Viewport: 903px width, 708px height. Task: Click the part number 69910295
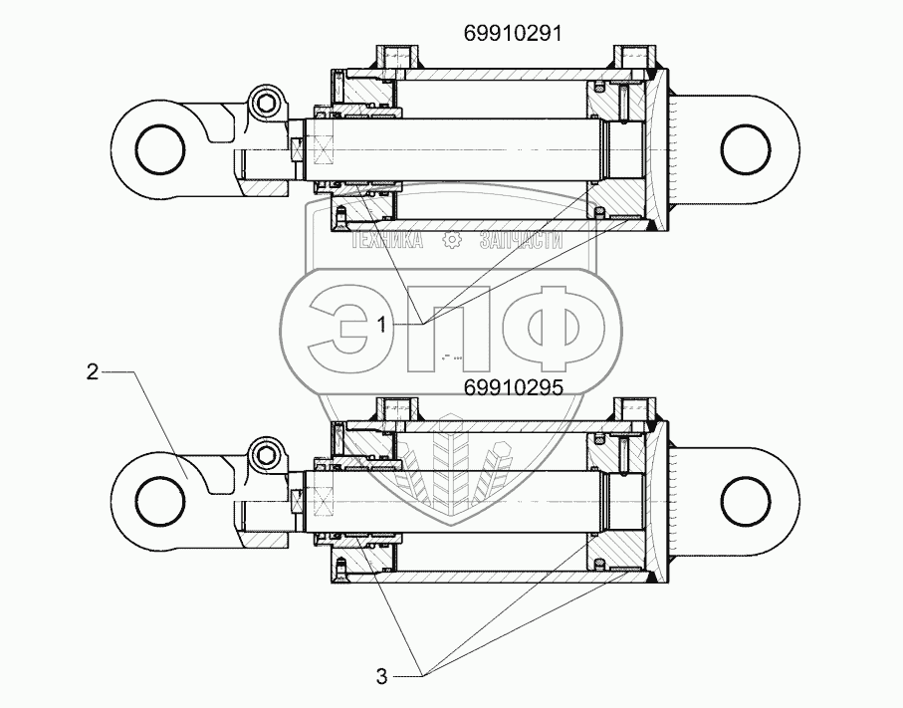pyautogui.click(x=514, y=388)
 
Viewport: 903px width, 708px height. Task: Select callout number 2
pyautogui.click(x=92, y=372)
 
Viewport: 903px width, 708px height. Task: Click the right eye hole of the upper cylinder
pyautogui.click(x=748, y=149)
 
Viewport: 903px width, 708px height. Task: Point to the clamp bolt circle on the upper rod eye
pyautogui.click(x=266, y=101)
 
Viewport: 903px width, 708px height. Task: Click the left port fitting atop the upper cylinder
pyautogui.click(x=392, y=56)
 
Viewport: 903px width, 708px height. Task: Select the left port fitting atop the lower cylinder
pyautogui.click(x=392, y=407)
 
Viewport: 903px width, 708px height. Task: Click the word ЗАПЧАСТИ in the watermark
pyautogui.click(x=521, y=240)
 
